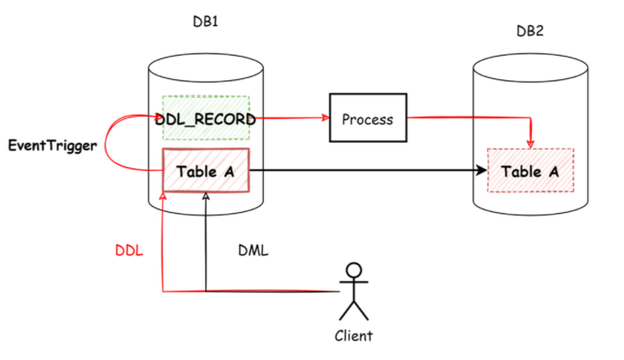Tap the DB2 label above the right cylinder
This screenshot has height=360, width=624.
[x=530, y=31]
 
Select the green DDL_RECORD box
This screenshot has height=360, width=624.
[x=206, y=118]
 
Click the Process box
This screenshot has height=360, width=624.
[x=367, y=118]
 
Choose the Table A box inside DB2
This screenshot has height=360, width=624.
[x=530, y=172]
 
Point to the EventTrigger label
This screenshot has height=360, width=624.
[x=52, y=145]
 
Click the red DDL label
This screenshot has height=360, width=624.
[x=129, y=251]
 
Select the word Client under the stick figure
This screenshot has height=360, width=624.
[x=353, y=335]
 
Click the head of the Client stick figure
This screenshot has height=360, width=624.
[x=353, y=271]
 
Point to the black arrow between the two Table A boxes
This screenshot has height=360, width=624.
[x=364, y=172]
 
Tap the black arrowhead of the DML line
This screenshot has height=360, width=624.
[x=205, y=196]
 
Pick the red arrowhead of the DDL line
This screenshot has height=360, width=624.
[x=161, y=196]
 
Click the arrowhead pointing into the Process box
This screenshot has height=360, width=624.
[x=325, y=118]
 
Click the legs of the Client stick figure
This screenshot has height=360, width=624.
[x=353, y=309]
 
